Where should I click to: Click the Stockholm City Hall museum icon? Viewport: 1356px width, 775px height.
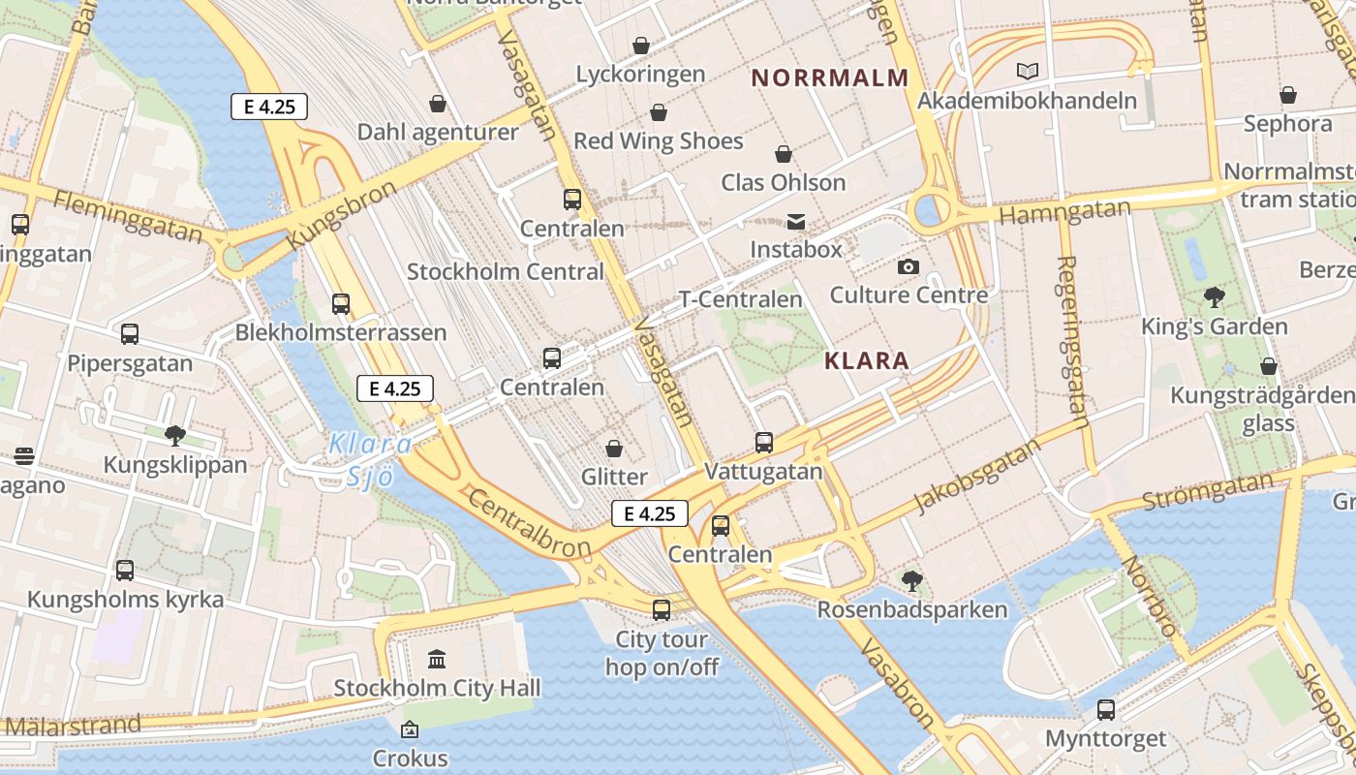pyautogui.click(x=437, y=660)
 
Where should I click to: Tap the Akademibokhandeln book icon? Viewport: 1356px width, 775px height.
pyautogui.click(x=1027, y=71)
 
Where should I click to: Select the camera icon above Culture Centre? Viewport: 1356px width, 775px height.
pyautogui.click(x=908, y=266)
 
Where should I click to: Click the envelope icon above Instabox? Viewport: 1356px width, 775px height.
pyautogui.click(x=796, y=222)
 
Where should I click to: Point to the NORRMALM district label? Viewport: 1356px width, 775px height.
pyautogui.click(x=830, y=77)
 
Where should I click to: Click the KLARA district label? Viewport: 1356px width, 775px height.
pyautogui.click(x=866, y=361)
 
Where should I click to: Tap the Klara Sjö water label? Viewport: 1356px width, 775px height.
pyautogui.click(x=370, y=459)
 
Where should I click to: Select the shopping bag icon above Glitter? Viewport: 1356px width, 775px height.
pyautogui.click(x=614, y=448)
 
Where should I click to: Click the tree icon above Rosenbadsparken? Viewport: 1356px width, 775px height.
pyautogui.click(x=911, y=581)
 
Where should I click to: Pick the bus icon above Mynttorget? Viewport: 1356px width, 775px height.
pyautogui.click(x=1105, y=710)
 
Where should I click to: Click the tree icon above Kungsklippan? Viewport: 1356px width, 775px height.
pyautogui.click(x=175, y=436)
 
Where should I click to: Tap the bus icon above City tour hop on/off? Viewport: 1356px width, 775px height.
pyautogui.click(x=662, y=610)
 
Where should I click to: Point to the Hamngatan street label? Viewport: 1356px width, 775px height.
pyautogui.click(x=1064, y=212)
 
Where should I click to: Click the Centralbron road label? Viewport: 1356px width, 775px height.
pyautogui.click(x=528, y=523)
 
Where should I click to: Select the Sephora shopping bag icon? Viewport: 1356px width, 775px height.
pyautogui.click(x=1287, y=95)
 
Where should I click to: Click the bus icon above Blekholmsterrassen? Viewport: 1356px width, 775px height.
pyautogui.click(x=341, y=304)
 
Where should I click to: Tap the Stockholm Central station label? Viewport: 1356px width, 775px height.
pyautogui.click(x=505, y=271)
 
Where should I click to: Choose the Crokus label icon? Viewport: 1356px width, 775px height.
pyautogui.click(x=410, y=729)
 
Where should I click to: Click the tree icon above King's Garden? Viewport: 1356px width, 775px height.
pyautogui.click(x=1214, y=297)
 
